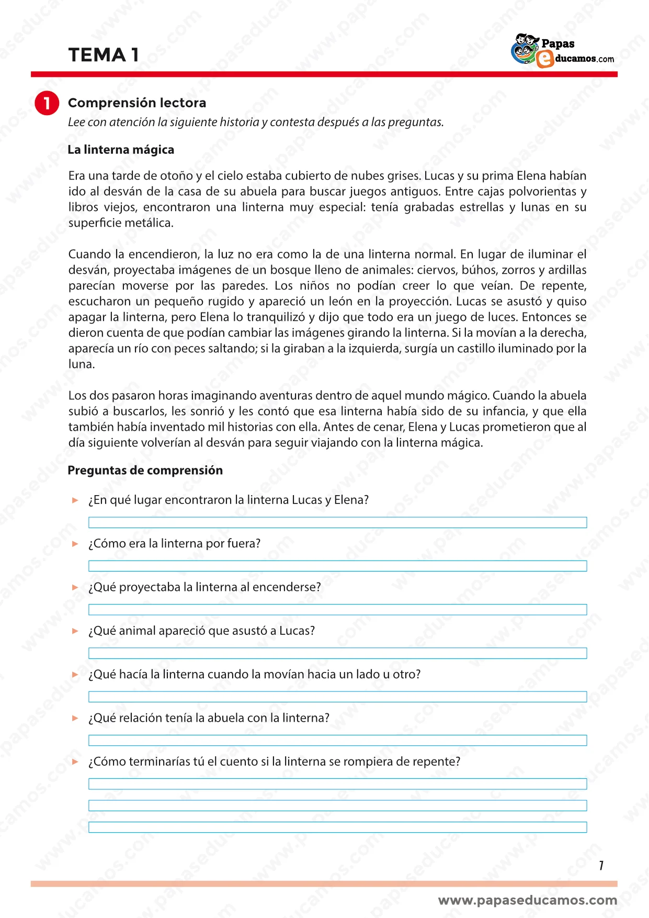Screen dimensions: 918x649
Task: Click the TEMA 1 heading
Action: tap(104, 55)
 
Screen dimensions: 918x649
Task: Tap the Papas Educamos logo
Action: tap(562, 51)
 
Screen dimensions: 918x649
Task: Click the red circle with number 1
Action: tap(47, 103)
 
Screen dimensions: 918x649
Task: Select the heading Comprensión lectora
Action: tap(137, 103)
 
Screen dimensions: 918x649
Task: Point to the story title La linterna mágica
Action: tap(121, 150)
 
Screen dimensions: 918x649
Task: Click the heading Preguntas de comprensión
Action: tap(145, 470)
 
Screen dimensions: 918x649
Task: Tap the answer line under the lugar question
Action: tap(337, 522)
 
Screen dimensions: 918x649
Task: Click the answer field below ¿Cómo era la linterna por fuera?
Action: tap(337, 566)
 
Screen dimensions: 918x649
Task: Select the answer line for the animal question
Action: tap(337, 653)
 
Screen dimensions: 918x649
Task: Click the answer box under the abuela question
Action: tap(337, 740)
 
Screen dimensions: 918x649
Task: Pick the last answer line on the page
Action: tap(337, 827)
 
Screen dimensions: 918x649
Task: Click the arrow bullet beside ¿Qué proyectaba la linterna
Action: tap(75, 587)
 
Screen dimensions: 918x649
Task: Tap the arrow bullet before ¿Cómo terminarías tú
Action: tap(75, 762)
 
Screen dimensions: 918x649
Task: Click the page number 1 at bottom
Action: tap(601, 866)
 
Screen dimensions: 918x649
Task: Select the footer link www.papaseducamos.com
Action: tap(527, 900)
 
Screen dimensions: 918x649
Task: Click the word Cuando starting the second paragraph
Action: tap(89, 254)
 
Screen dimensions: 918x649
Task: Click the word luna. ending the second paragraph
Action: tap(81, 364)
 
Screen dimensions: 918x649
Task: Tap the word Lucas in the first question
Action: tap(307, 500)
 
